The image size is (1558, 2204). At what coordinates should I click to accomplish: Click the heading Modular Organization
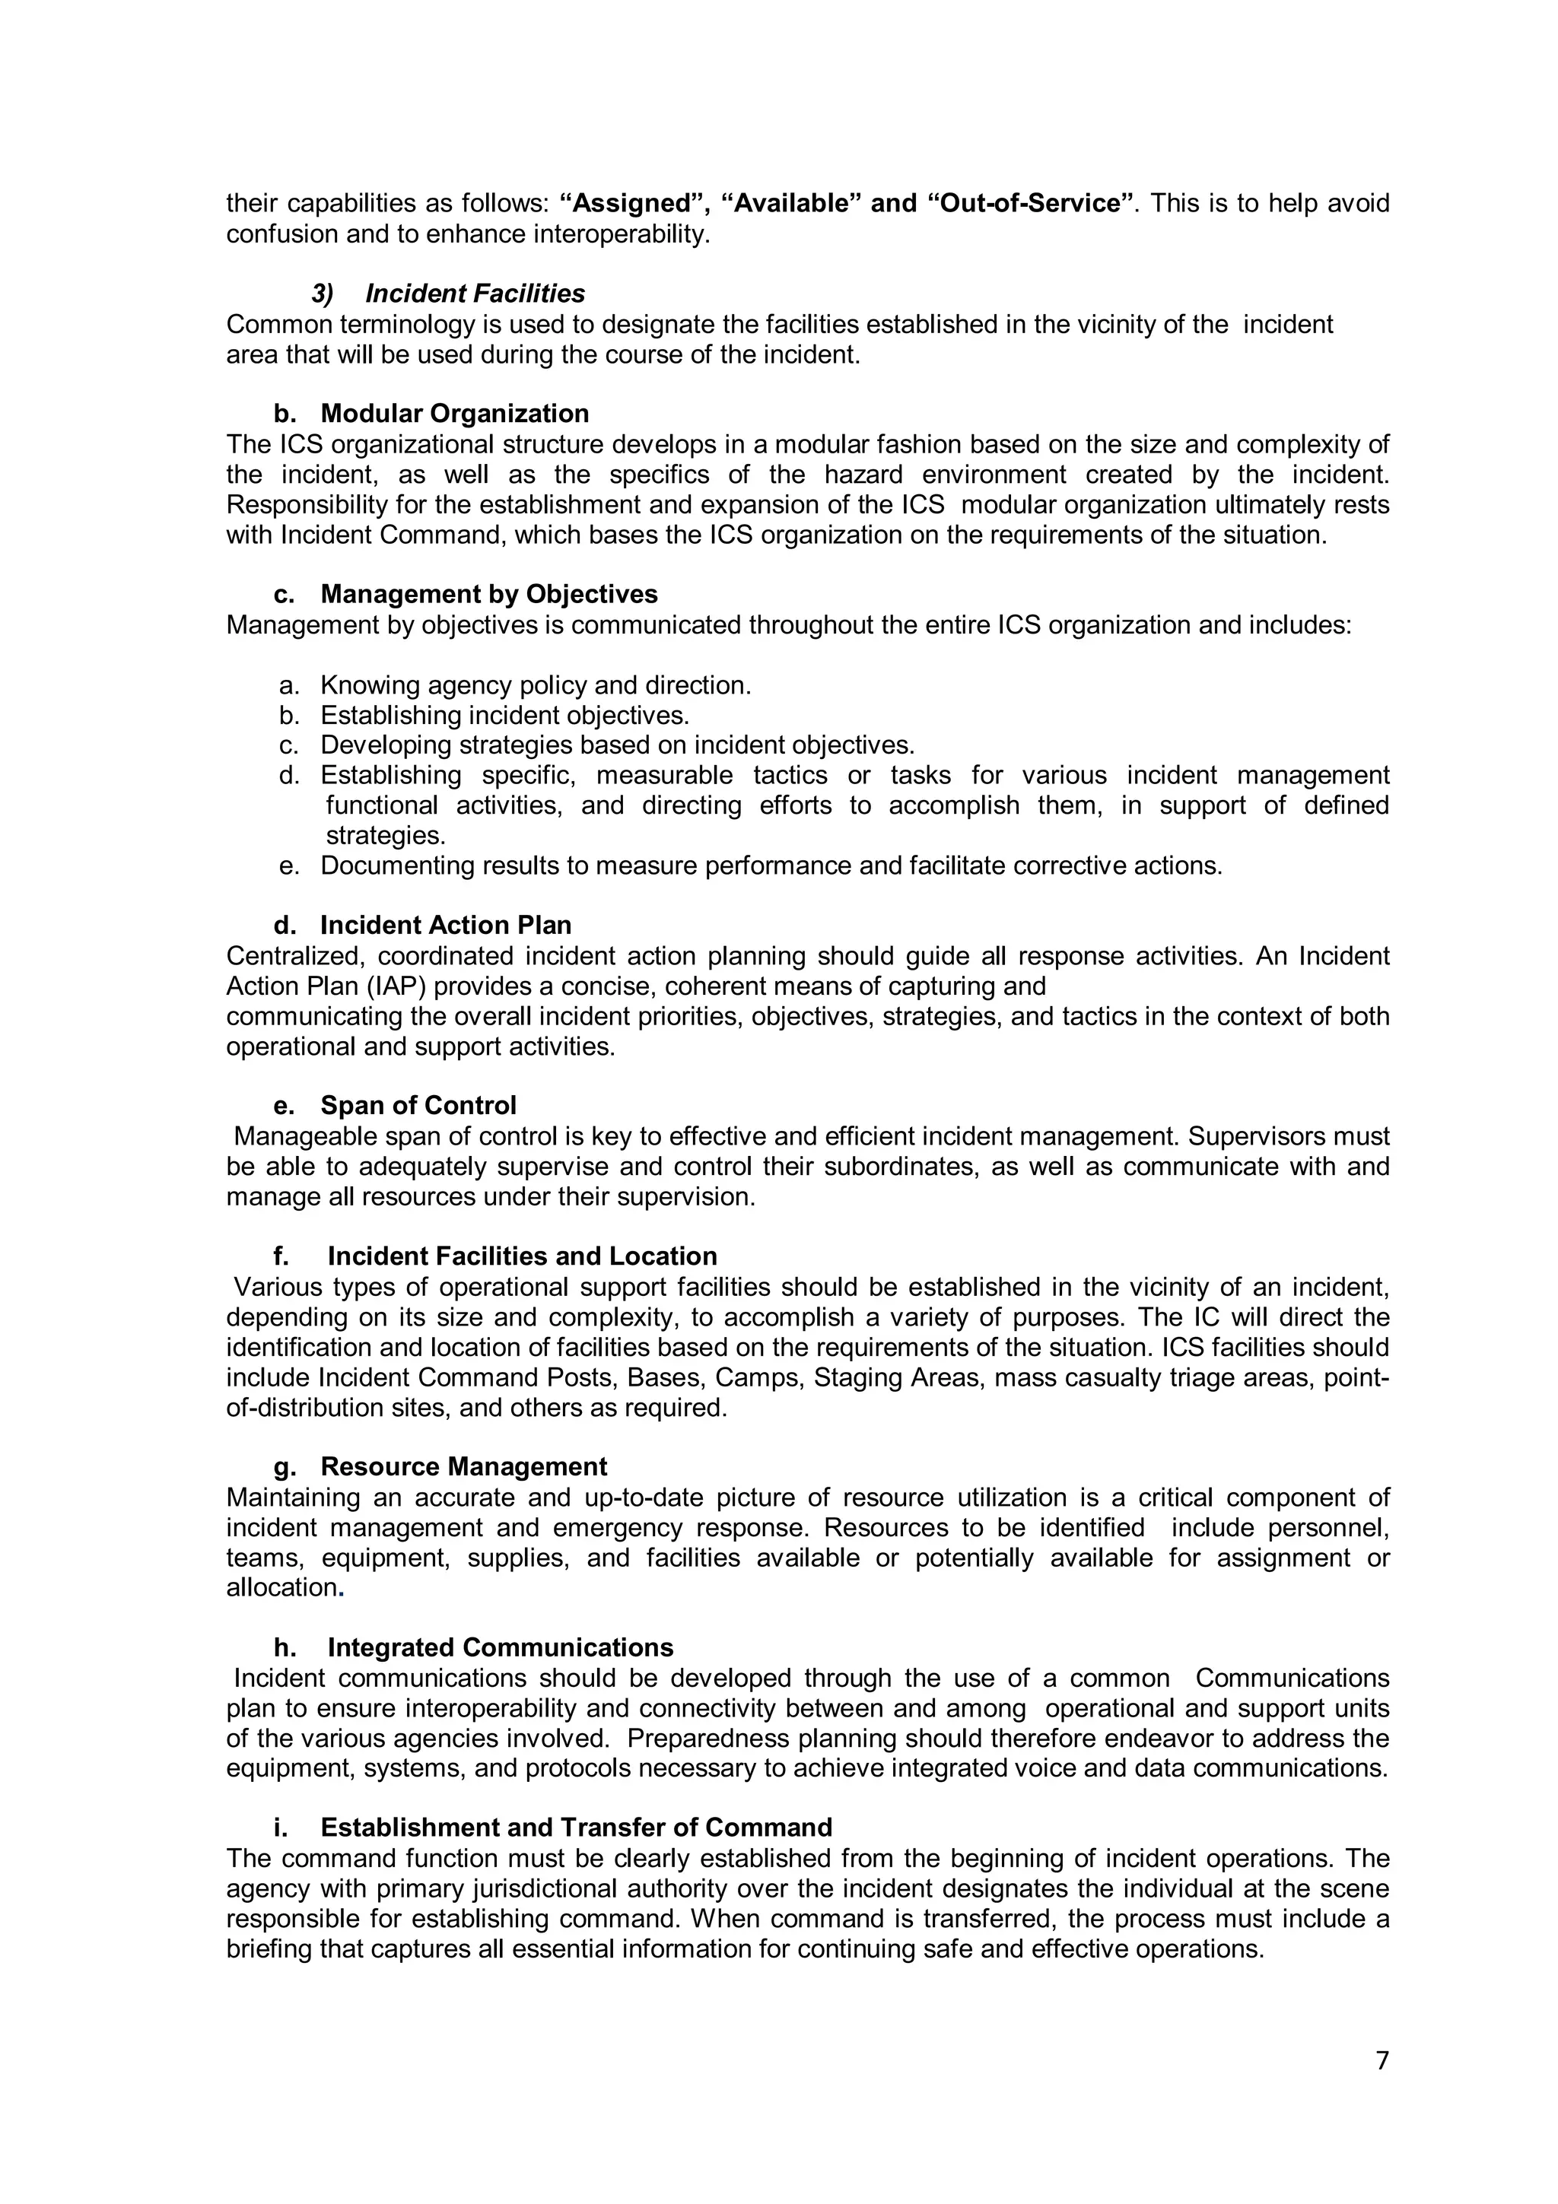click(454, 414)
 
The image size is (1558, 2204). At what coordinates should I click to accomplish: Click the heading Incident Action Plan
click(446, 926)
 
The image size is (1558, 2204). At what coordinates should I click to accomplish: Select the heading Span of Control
click(418, 1106)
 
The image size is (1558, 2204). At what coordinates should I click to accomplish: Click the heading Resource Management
click(463, 1467)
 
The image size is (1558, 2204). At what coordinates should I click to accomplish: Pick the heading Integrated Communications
click(500, 1647)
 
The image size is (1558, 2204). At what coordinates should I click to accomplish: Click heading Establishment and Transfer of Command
click(576, 1828)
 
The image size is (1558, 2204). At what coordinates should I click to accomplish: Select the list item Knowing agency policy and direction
click(535, 685)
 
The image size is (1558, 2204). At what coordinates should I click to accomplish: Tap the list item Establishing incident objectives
click(505, 715)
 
